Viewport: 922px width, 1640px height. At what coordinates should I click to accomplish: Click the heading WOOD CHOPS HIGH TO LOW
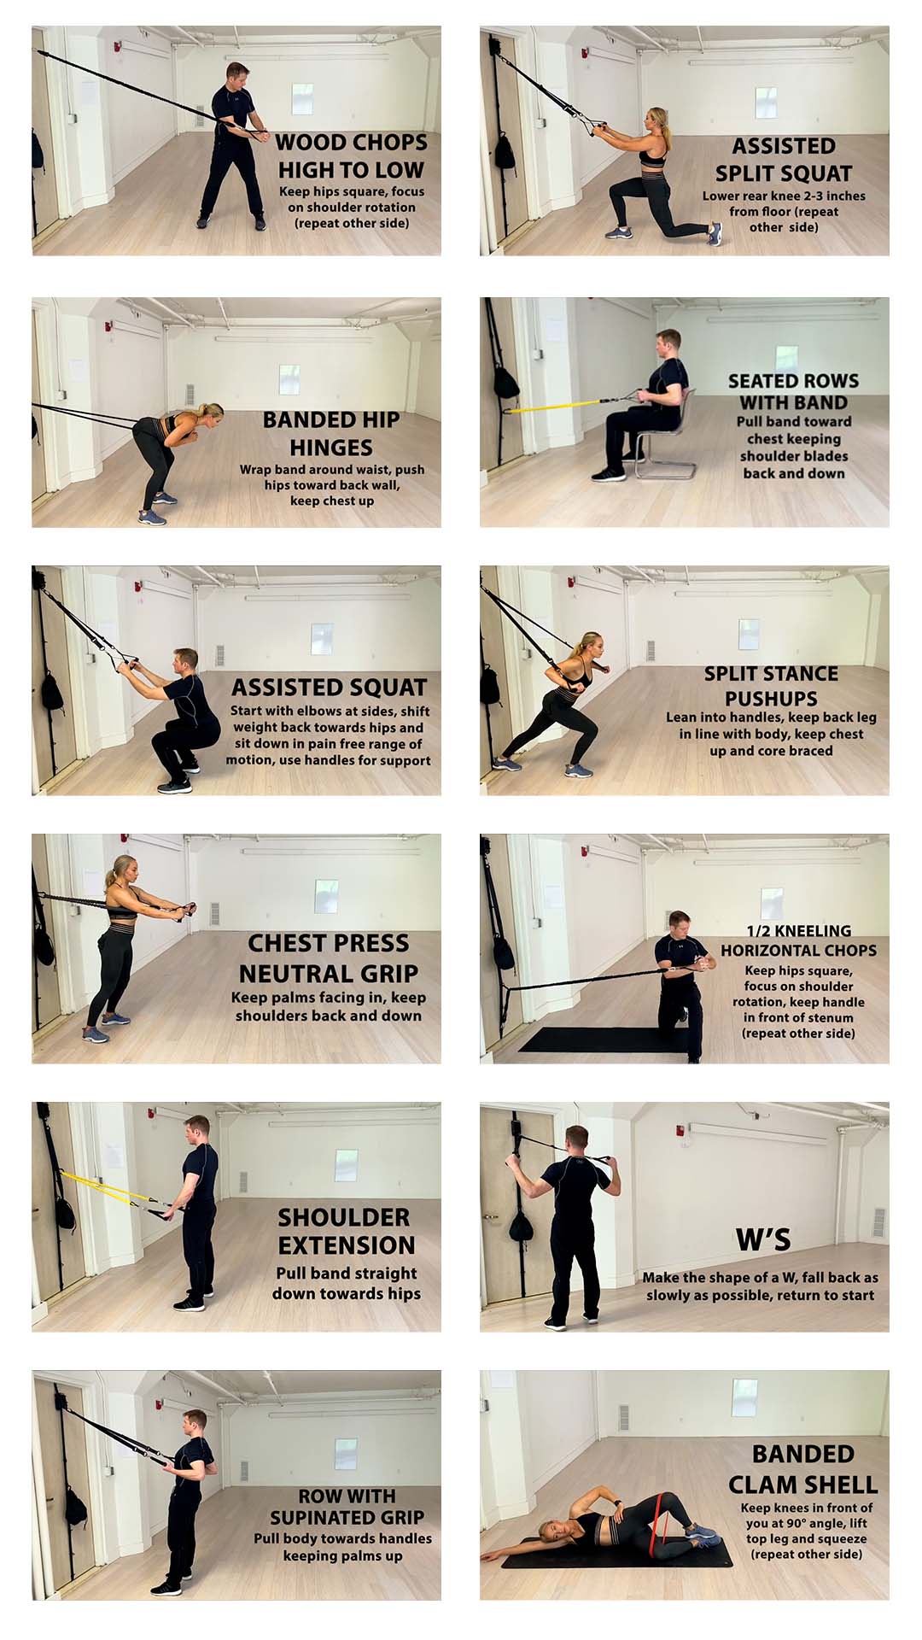coord(351,155)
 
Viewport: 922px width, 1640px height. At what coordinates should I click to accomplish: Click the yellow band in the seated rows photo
coord(555,405)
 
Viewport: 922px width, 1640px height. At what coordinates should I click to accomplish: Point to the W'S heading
coord(763,1239)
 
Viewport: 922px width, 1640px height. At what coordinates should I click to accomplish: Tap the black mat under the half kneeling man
coord(589,1039)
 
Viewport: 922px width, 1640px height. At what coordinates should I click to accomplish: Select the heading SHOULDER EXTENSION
coord(346,1231)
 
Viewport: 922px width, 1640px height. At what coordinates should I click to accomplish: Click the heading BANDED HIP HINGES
coord(331,433)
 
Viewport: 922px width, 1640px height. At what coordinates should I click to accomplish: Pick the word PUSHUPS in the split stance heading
coord(771,698)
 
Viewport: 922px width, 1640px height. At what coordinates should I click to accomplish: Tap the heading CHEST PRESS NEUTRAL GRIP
coord(329,958)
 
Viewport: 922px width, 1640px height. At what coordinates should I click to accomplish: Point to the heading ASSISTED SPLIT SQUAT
coord(783,160)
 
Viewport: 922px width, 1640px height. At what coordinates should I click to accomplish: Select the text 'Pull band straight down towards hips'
coord(347,1283)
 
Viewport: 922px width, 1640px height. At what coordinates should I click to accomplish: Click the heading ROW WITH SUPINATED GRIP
coord(347,1507)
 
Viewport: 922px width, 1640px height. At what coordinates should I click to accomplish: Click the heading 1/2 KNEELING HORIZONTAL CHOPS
coord(798,940)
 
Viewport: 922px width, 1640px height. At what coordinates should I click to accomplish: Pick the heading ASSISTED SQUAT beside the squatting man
coord(329,688)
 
